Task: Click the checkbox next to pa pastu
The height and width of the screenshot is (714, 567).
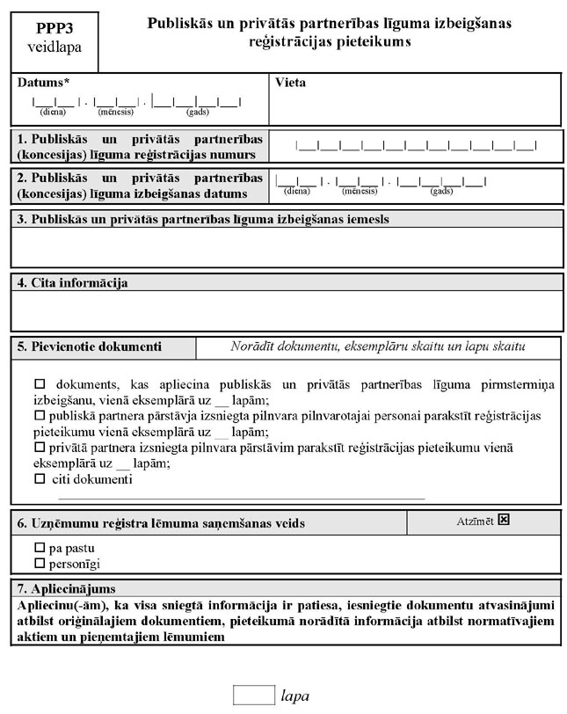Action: pyautogui.click(x=39, y=547)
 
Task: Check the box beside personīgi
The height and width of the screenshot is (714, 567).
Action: pyautogui.click(x=39, y=562)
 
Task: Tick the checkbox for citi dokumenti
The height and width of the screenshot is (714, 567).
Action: pyautogui.click(x=39, y=479)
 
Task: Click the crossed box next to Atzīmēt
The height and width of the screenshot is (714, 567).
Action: pyautogui.click(x=503, y=520)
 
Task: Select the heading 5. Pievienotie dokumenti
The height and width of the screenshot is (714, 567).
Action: pyautogui.click(x=90, y=346)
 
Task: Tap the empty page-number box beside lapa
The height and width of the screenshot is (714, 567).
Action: pyautogui.click(x=253, y=695)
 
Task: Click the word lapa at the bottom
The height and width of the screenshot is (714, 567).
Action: pyautogui.click(x=295, y=696)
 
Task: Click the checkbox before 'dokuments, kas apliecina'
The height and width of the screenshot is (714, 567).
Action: pyautogui.click(x=39, y=384)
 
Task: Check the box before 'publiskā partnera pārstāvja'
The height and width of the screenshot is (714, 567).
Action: pyautogui.click(x=39, y=415)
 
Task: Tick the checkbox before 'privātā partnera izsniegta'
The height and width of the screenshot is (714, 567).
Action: pyautogui.click(x=39, y=448)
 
